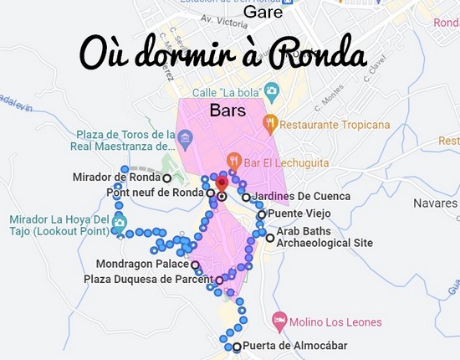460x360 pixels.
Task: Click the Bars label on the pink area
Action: click(227, 110)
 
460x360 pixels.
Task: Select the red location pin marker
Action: click(222, 183)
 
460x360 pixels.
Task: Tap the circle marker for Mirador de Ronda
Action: click(167, 178)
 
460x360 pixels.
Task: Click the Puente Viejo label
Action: click(299, 213)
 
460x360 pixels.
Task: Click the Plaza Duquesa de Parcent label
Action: click(148, 279)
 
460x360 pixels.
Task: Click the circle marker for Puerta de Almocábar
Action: click(237, 347)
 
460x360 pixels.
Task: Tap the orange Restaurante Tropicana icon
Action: click(269, 125)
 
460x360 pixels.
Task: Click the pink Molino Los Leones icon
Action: click(279, 321)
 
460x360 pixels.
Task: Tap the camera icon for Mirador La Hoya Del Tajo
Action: click(119, 223)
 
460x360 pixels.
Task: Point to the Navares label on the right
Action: click(436, 203)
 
